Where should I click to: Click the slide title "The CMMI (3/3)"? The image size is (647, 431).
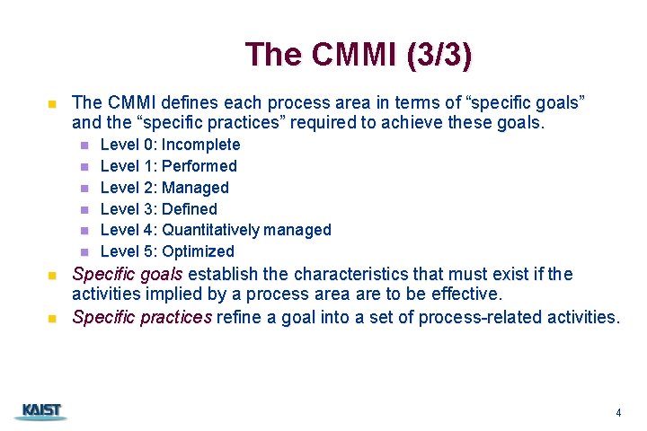tap(358, 54)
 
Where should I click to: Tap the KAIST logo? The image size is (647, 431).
tap(40, 411)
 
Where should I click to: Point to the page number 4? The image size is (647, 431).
tap(618, 413)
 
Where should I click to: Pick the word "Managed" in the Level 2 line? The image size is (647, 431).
tap(195, 188)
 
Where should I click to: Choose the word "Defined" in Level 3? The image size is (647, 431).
tap(189, 209)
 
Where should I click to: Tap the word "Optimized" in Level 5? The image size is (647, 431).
tap(198, 251)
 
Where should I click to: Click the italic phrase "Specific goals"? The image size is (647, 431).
tap(127, 274)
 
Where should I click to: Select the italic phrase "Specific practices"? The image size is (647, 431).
tap(142, 316)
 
